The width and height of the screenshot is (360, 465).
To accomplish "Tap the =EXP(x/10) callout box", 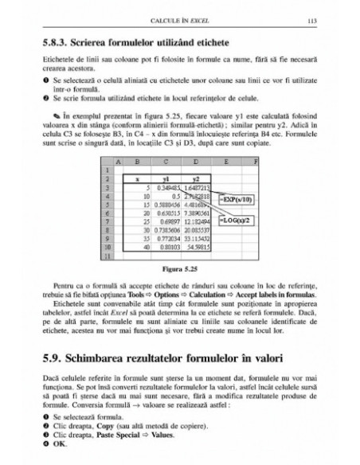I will [x=240, y=193].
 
